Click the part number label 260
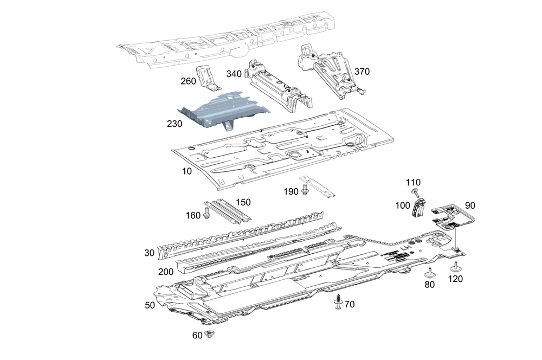click(x=188, y=81)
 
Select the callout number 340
click(x=234, y=74)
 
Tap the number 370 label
click(x=362, y=71)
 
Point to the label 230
click(x=175, y=124)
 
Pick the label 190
click(x=291, y=191)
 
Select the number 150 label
click(x=243, y=202)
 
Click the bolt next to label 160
click(x=207, y=215)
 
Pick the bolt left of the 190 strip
click(x=305, y=189)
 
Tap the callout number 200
click(x=166, y=271)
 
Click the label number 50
click(x=150, y=305)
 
